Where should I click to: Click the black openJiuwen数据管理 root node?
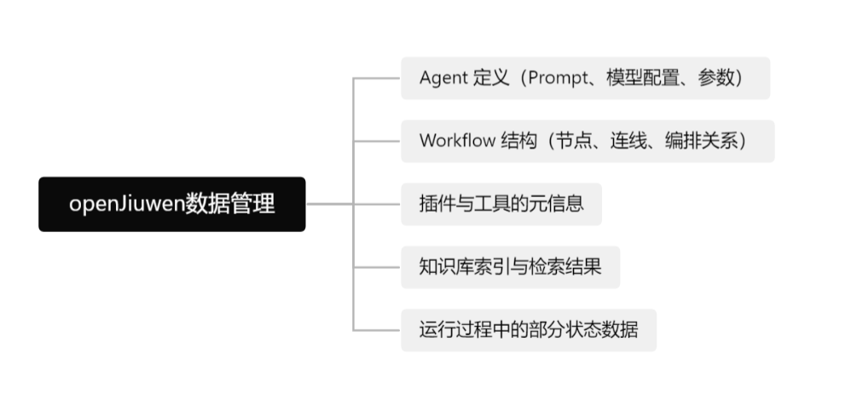tap(171, 204)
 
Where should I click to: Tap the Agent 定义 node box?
tap(585, 78)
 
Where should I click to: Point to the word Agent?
tap(443, 78)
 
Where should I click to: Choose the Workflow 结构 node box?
tap(588, 141)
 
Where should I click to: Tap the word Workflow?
tap(457, 141)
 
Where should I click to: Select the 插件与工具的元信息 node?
tap(501, 204)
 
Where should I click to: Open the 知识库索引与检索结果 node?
tap(510, 267)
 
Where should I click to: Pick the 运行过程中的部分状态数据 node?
tap(529, 329)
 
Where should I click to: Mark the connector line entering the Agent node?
tap(377, 78)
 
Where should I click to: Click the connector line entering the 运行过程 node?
tap(377, 329)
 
